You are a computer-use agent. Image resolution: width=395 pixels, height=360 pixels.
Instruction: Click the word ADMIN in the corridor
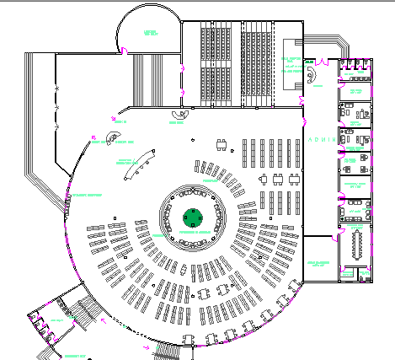322,139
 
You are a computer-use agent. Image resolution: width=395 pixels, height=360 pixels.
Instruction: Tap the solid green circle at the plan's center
193,217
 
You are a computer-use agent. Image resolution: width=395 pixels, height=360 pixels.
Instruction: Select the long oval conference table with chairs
355,244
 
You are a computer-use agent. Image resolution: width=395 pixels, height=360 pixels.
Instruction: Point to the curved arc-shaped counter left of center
138,166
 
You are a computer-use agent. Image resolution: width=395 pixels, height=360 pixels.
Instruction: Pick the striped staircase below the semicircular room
152,80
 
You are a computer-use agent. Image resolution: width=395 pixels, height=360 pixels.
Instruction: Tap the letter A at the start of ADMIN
310,139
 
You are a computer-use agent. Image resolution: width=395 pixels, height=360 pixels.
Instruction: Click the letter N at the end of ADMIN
334,139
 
